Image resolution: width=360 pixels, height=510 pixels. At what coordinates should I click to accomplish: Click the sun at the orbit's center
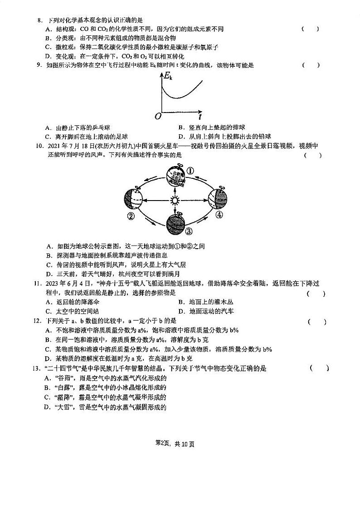(174, 200)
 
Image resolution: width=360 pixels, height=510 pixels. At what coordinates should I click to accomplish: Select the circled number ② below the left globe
(131, 216)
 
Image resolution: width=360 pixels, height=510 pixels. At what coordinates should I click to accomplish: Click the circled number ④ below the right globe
(219, 215)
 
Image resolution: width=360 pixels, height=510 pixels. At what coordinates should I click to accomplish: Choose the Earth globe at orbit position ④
(218, 198)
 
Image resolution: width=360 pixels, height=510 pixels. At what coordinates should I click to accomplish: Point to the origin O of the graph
(158, 116)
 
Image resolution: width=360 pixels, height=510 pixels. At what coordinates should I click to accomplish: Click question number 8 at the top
(39, 20)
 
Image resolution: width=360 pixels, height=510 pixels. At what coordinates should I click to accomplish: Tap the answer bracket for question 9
(311, 65)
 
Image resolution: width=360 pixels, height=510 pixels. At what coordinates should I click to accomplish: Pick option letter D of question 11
(180, 311)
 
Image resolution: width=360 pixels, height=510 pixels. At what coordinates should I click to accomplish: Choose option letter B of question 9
(180, 127)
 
